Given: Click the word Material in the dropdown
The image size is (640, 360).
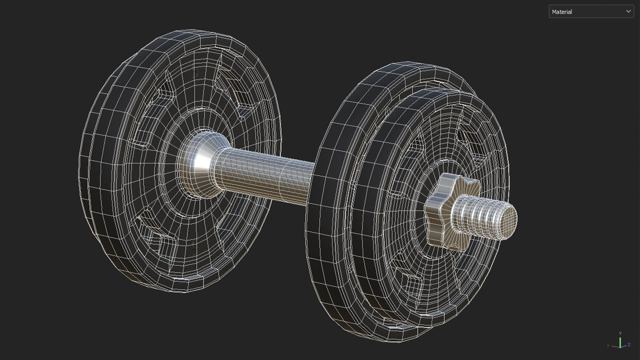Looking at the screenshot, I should (x=562, y=12).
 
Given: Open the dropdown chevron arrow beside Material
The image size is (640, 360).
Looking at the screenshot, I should (x=628, y=11).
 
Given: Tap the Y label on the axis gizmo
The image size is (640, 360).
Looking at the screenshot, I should (x=620, y=333).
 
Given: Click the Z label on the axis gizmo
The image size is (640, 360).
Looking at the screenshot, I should (x=629, y=345).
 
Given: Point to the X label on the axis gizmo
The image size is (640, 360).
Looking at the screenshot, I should (x=608, y=345).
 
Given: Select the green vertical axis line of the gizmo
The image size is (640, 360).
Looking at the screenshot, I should (x=620, y=342).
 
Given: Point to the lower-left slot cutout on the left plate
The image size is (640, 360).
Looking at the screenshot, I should (x=150, y=227).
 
